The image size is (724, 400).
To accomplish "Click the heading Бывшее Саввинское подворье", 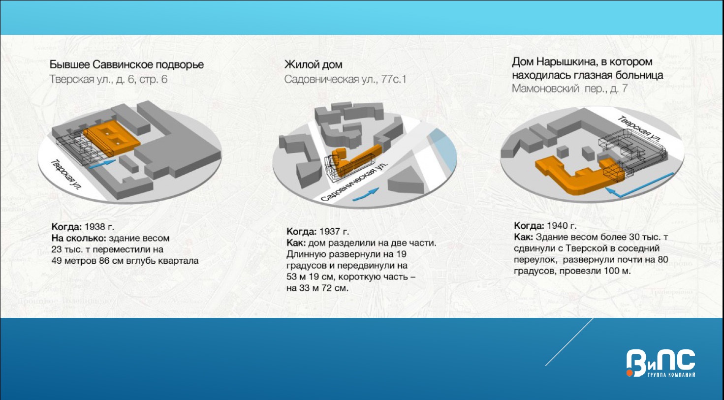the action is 126,64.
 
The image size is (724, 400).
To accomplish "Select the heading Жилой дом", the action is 313,64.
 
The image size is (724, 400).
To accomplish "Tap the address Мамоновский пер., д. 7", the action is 569,89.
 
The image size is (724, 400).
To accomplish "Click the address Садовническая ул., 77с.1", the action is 345,80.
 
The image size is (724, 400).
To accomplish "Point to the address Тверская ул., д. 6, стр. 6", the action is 109,80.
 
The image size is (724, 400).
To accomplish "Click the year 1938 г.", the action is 99,227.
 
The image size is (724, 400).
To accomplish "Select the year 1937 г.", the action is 334,232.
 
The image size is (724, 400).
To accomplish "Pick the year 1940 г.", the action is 562,226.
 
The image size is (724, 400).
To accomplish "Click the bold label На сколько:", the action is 79,239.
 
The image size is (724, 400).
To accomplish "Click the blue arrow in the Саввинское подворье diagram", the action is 102,163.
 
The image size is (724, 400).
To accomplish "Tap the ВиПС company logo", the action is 661,363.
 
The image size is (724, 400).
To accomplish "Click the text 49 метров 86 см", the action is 85,261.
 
